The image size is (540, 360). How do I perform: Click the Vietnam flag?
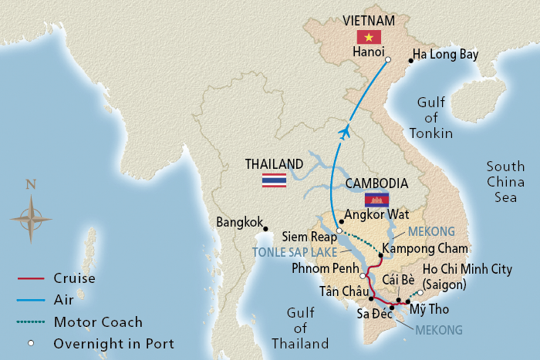pos(369,38)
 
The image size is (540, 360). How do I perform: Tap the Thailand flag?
pos(274,180)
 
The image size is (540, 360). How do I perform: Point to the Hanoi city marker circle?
pos(388,59)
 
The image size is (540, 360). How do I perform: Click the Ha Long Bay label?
pos(446,55)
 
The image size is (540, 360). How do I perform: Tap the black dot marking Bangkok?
pos(265,228)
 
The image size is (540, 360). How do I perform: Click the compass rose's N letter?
pos(30,184)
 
